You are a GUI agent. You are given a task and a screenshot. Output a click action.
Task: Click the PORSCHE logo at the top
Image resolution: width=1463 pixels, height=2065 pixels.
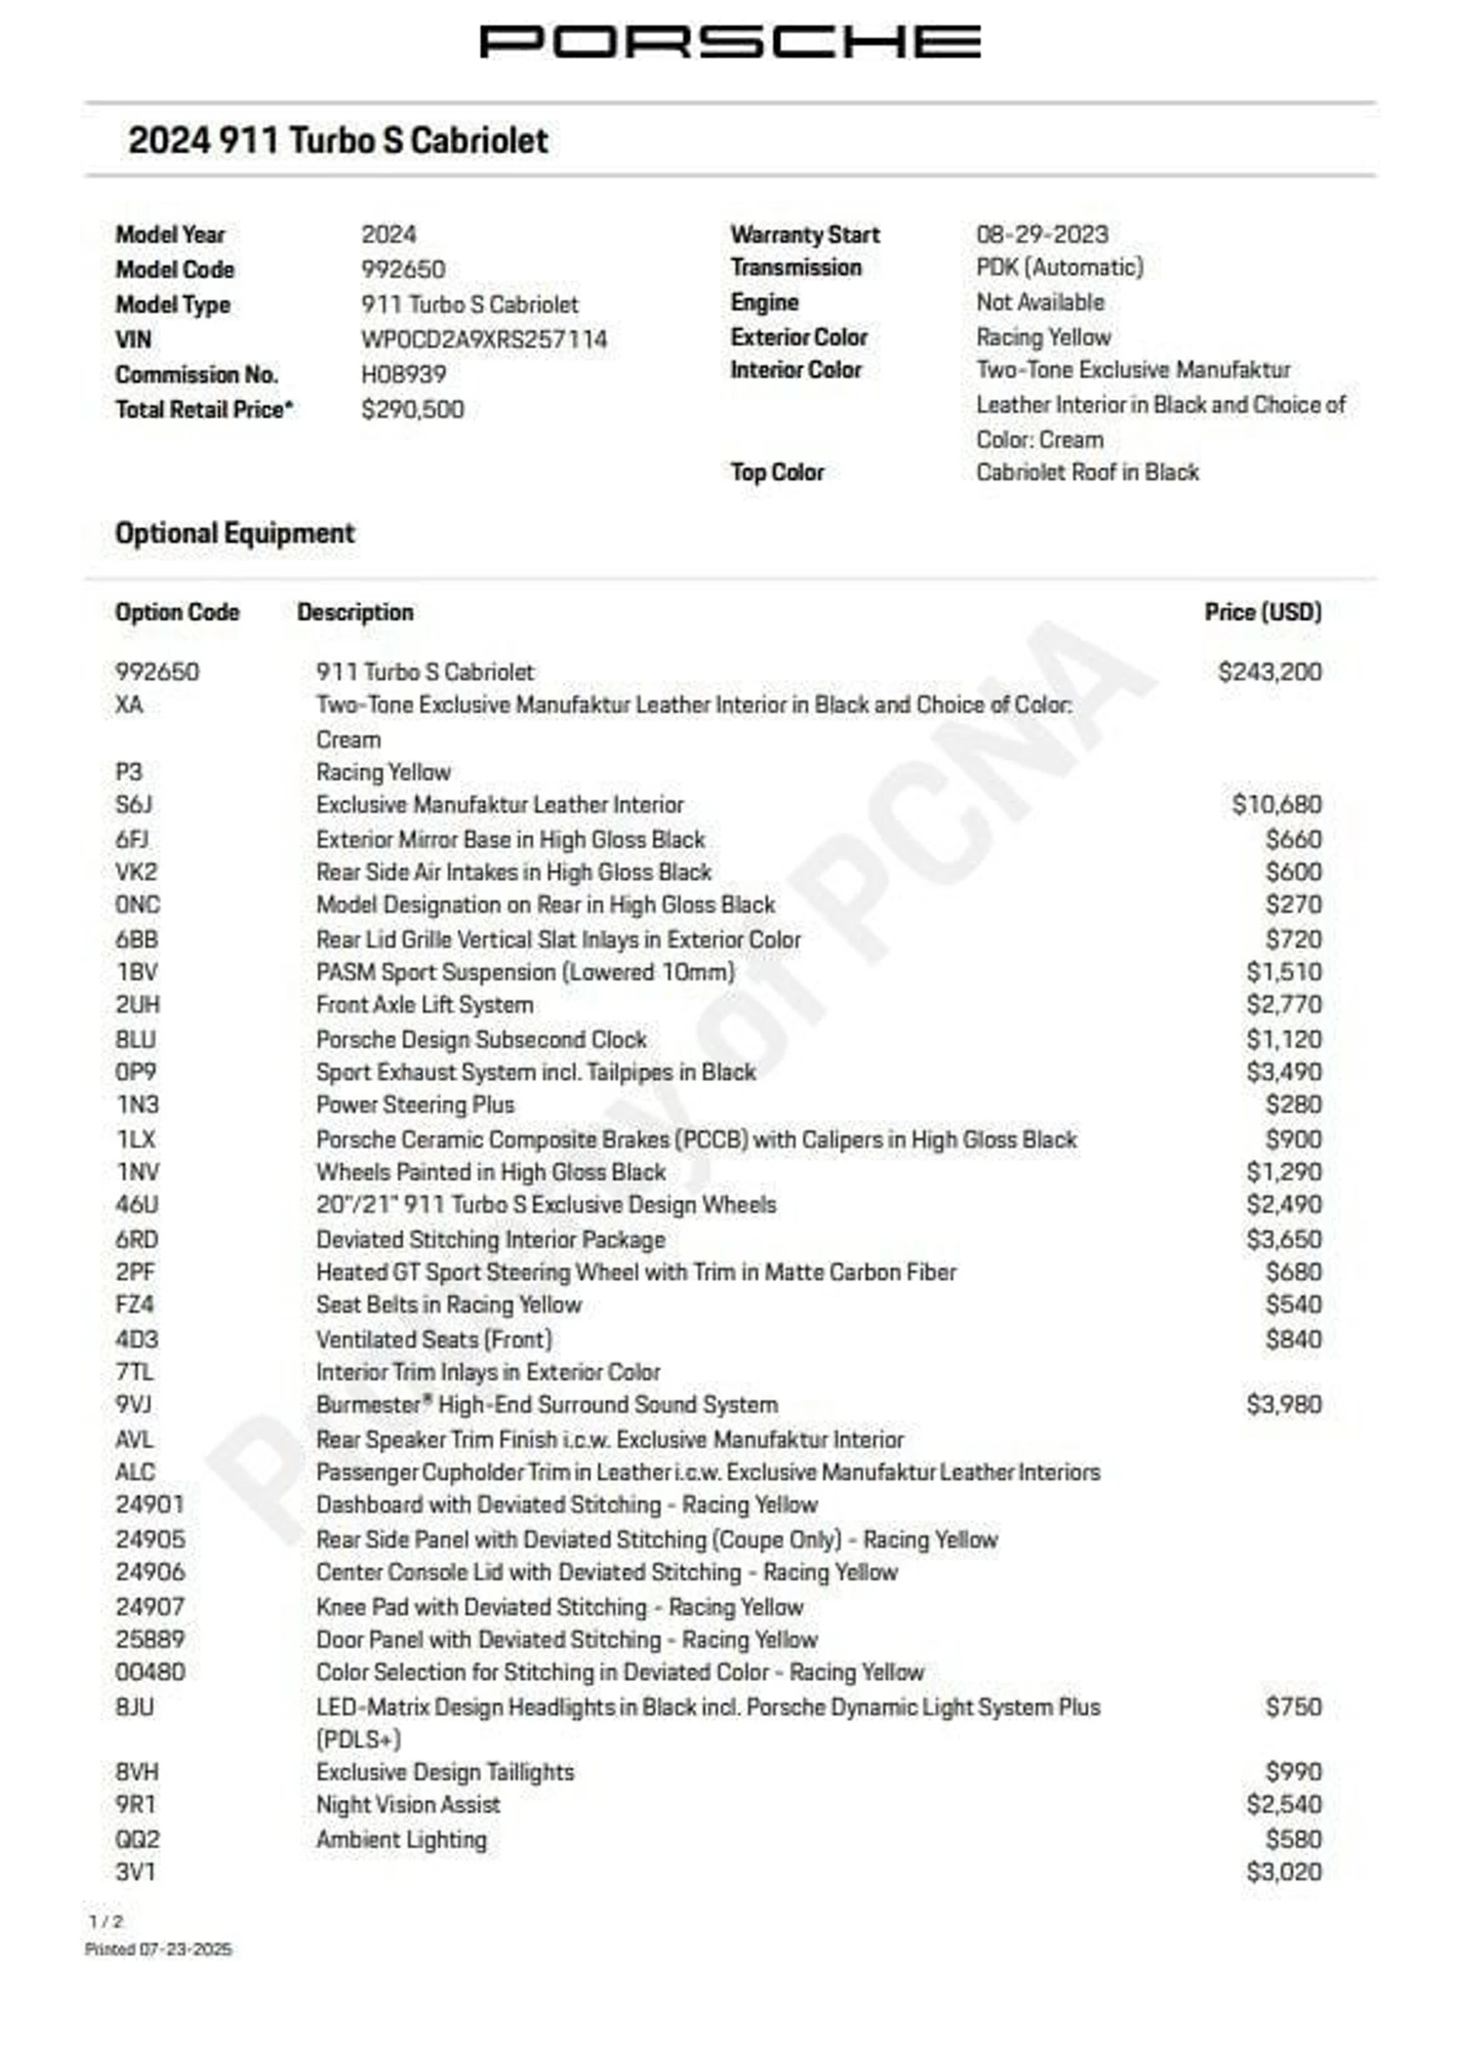click(x=730, y=41)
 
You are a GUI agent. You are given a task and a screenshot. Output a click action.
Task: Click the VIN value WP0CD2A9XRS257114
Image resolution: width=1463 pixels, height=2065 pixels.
click(x=484, y=340)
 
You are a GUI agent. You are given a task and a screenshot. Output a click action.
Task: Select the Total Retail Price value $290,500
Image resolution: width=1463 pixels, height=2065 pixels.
click(x=412, y=410)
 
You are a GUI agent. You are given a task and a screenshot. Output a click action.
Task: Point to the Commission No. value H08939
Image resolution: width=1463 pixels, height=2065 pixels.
click(x=404, y=375)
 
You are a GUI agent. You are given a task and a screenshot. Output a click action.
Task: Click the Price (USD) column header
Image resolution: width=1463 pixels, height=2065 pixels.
click(x=1263, y=612)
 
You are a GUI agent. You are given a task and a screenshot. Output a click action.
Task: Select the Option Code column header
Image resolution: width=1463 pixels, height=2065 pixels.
click(x=177, y=612)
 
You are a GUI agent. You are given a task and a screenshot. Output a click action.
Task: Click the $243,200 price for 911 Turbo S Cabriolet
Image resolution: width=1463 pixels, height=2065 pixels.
click(x=1269, y=672)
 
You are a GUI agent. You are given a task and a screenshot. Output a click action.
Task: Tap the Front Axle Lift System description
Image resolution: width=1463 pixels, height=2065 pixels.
click(x=424, y=1005)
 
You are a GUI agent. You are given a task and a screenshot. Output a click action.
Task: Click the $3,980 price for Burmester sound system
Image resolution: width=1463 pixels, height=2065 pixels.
click(x=1284, y=1404)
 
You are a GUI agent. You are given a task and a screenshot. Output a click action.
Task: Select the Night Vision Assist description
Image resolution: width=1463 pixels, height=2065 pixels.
click(x=408, y=1804)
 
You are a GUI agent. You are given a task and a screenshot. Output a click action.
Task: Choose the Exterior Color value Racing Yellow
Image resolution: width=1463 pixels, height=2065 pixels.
click(x=1043, y=337)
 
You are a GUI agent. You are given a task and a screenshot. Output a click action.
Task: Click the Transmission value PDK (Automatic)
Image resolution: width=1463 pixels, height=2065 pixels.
click(x=1059, y=267)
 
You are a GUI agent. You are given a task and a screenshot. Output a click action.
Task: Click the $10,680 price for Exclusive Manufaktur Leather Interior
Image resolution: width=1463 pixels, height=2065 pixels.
click(x=1276, y=804)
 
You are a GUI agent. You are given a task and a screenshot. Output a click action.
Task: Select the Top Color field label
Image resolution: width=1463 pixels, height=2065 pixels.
click(x=776, y=472)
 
